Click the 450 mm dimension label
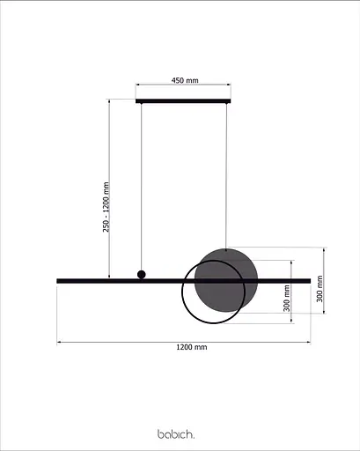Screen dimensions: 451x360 click(x=184, y=80)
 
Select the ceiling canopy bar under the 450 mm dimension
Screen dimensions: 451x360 click(x=184, y=101)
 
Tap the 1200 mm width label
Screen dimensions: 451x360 click(x=191, y=348)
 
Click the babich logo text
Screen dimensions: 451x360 click(x=176, y=433)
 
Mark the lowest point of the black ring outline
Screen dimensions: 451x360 click(x=212, y=323)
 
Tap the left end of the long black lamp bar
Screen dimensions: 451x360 click(x=59, y=281)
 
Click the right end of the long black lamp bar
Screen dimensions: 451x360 click(x=309, y=281)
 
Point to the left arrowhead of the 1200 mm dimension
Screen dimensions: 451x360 click(x=59, y=342)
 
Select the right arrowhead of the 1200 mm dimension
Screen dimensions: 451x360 click(x=310, y=342)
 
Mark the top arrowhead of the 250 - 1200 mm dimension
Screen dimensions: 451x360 click(x=108, y=101)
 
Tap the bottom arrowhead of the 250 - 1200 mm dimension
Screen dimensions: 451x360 click(x=108, y=277)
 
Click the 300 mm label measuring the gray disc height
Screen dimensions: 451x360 click(x=320, y=288)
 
